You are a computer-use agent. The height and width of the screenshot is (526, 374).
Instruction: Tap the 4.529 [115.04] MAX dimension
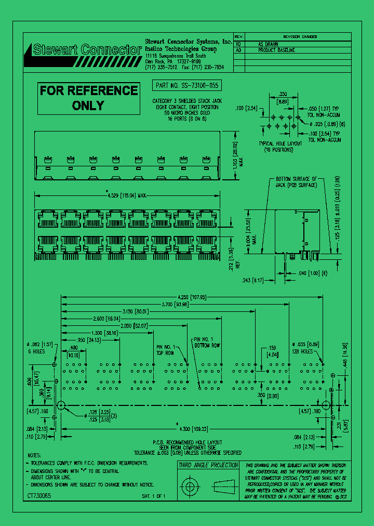(127, 195)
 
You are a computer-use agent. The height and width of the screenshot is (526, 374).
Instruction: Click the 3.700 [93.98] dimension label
(174, 304)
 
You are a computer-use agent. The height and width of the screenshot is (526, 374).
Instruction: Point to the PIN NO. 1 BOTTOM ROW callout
(207, 343)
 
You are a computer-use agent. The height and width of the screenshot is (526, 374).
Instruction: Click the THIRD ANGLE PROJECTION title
(208, 465)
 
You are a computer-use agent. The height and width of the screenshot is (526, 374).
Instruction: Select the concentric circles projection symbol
(189, 487)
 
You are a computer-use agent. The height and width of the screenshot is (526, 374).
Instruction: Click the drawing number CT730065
(39, 496)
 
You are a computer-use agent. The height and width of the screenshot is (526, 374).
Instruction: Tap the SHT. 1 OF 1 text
(154, 496)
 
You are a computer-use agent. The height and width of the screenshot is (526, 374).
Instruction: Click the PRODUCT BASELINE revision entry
(276, 50)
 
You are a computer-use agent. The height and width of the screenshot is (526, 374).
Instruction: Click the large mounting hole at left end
(61, 405)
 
